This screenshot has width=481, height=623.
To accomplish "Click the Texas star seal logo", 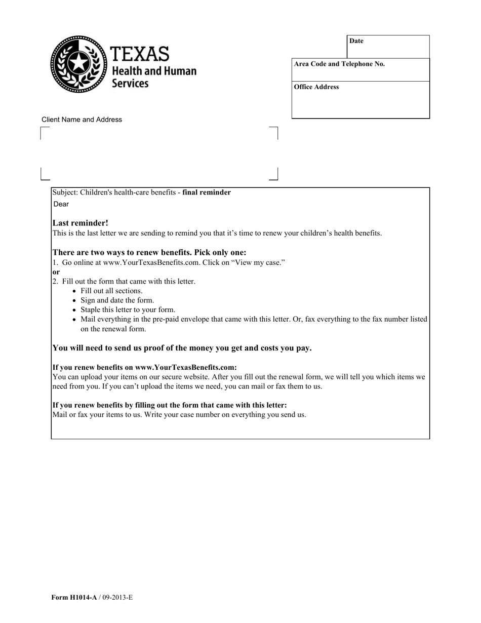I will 78,64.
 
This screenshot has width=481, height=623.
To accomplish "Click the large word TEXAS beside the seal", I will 139,54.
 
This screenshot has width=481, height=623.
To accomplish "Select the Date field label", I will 356,41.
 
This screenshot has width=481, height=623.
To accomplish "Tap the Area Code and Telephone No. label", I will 339,64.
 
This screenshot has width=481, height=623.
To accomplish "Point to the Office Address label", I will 316,87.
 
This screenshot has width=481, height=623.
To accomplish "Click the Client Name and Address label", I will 82,120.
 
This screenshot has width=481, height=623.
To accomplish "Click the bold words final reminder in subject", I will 207,192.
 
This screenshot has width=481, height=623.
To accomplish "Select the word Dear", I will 61,204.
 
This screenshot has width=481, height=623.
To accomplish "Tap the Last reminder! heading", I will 80,223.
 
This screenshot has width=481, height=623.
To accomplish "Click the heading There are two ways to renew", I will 149,252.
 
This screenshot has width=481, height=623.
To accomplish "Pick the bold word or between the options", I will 56,272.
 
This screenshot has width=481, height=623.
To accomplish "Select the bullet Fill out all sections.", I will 111,291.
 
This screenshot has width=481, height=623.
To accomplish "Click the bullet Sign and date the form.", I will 117,300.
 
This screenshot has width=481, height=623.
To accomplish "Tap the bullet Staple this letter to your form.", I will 128,309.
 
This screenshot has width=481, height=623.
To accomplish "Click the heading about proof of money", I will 182,348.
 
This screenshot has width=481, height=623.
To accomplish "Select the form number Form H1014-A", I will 74,598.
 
